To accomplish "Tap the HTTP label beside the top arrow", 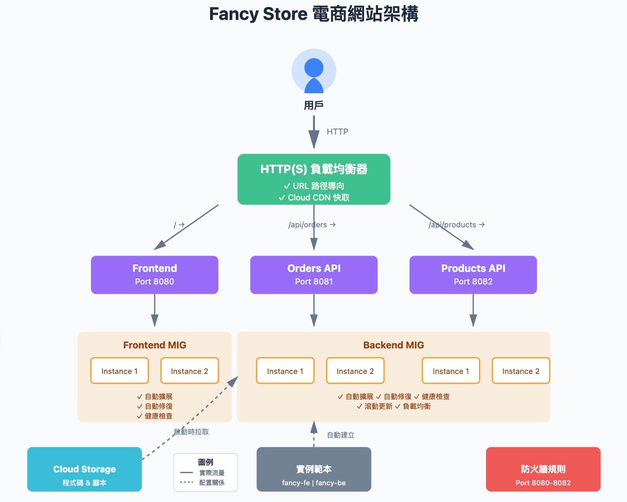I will pyautogui.click(x=337, y=132).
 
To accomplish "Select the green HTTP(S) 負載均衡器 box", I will pyautogui.click(x=313, y=179).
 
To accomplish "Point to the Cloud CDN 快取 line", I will pyautogui.click(x=314, y=198).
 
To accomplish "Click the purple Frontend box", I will pyautogui.click(x=154, y=274).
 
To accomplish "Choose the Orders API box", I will pyautogui.click(x=313, y=274).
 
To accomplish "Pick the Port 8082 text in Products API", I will pyautogui.click(x=473, y=282).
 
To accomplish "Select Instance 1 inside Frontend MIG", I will pyautogui.click(x=119, y=371).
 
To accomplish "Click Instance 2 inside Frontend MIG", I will pyautogui.click(x=189, y=371).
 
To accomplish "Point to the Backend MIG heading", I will pyautogui.click(x=393, y=345).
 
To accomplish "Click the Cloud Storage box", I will pyautogui.click(x=84, y=469).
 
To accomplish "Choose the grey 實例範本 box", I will pyautogui.click(x=313, y=469).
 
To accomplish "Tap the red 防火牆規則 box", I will pyautogui.click(x=543, y=469).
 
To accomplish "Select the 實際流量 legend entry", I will pyautogui.click(x=211, y=473).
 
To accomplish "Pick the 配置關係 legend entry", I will pyautogui.click(x=211, y=483).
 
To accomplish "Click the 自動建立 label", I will pyautogui.click(x=341, y=435).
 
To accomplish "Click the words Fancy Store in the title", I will pyautogui.click(x=258, y=14).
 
